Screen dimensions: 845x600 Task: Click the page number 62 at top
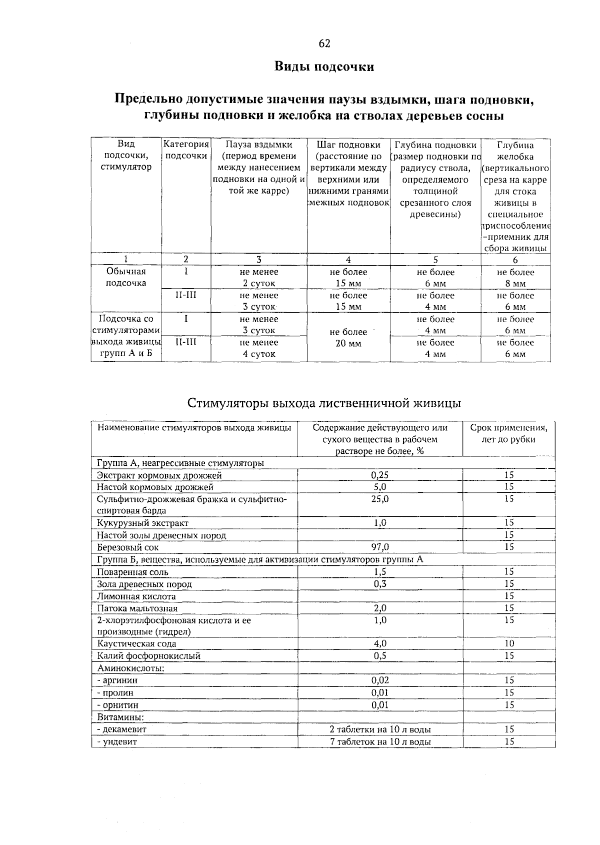click(x=324, y=44)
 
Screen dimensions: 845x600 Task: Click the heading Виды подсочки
click(x=324, y=67)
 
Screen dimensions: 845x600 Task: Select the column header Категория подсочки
click(x=186, y=150)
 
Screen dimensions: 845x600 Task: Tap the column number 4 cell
click(x=348, y=260)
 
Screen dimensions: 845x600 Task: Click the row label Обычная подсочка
click(x=126, y=277)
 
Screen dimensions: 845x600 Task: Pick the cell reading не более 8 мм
click(x=515, y=278)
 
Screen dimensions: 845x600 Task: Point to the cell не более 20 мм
click(x=348, y=338)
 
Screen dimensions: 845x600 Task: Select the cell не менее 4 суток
click(x=259, y=348)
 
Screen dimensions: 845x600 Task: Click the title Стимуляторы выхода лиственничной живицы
click(x=324, y=403)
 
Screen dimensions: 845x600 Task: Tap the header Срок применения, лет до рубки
click(x=508, y=434)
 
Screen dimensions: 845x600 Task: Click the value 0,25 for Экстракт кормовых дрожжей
click(x=380, y=475)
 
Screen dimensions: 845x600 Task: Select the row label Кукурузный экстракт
click(x=143, y=523)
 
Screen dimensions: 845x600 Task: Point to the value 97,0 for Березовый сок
click(x=380, y=547)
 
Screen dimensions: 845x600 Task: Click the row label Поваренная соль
click(x=133, y=572)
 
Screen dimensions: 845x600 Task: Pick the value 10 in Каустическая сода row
click(x=509, y=644)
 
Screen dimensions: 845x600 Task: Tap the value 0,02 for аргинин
click(x=380, y=680)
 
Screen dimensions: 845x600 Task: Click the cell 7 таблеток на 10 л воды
click(x=380, y=742)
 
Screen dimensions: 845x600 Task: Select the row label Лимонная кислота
click(x=136, y=596)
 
